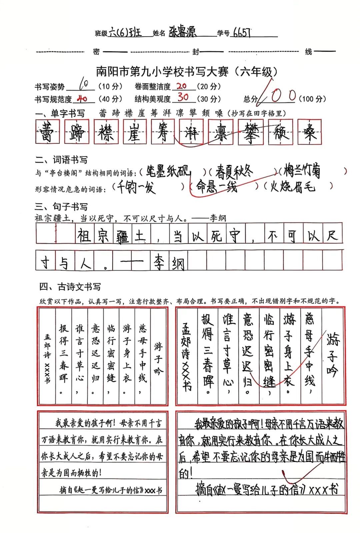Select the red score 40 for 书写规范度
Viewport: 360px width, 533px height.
(x=82, y=99)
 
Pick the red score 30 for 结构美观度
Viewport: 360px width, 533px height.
(x=183, y=97)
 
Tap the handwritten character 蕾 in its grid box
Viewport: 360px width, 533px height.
(x=48, y=131)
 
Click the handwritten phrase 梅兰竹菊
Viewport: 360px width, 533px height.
(x=302, y=171)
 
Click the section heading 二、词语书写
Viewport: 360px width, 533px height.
(x=61, y=160)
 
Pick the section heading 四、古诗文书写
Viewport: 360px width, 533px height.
(x=70, y=287)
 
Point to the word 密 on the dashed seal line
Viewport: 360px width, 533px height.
(x=96, y=52)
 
